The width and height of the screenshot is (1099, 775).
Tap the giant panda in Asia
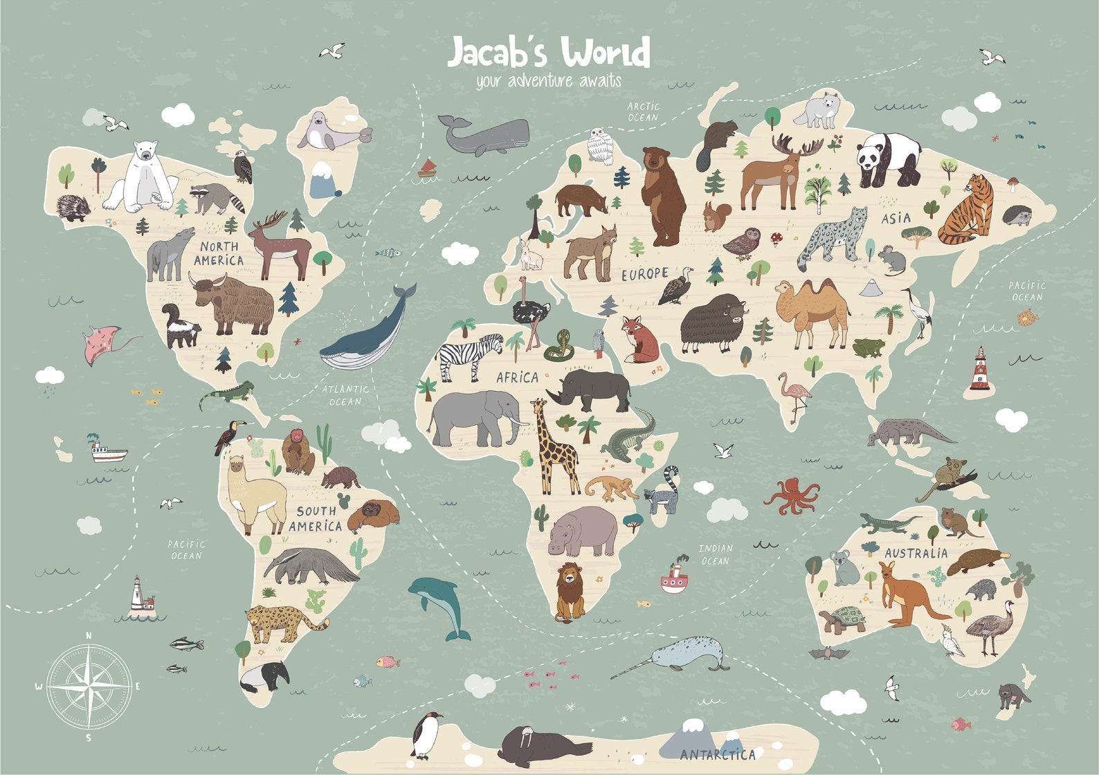[888, 158]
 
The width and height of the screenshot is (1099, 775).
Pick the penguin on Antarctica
[426, 736]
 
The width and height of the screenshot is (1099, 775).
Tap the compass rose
[89, 687]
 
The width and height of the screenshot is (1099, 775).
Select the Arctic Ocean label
[643, 112]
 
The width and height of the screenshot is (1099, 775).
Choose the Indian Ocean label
[715, 554]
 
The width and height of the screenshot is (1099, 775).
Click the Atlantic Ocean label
[345, 395]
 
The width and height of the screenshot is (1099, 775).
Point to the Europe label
[644, 275]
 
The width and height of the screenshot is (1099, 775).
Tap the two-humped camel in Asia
[811, 311]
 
